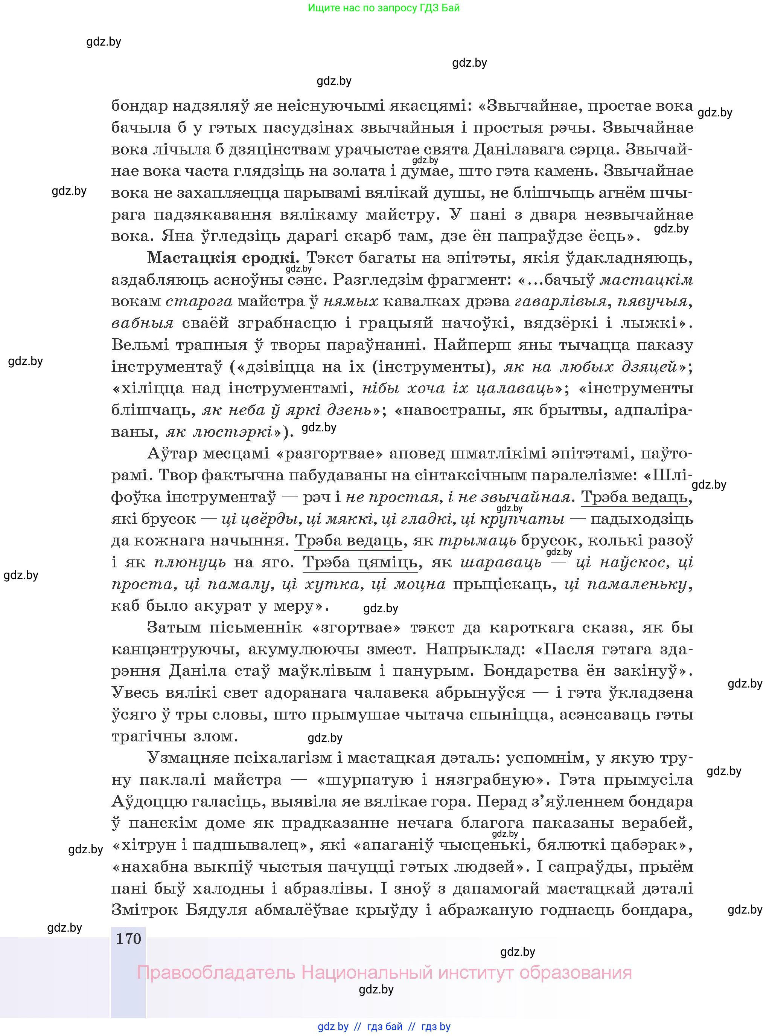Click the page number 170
point(128,938)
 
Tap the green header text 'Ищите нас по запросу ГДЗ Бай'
point(384,8)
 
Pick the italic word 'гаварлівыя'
point(560,301)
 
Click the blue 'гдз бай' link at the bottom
point(385,1026)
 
